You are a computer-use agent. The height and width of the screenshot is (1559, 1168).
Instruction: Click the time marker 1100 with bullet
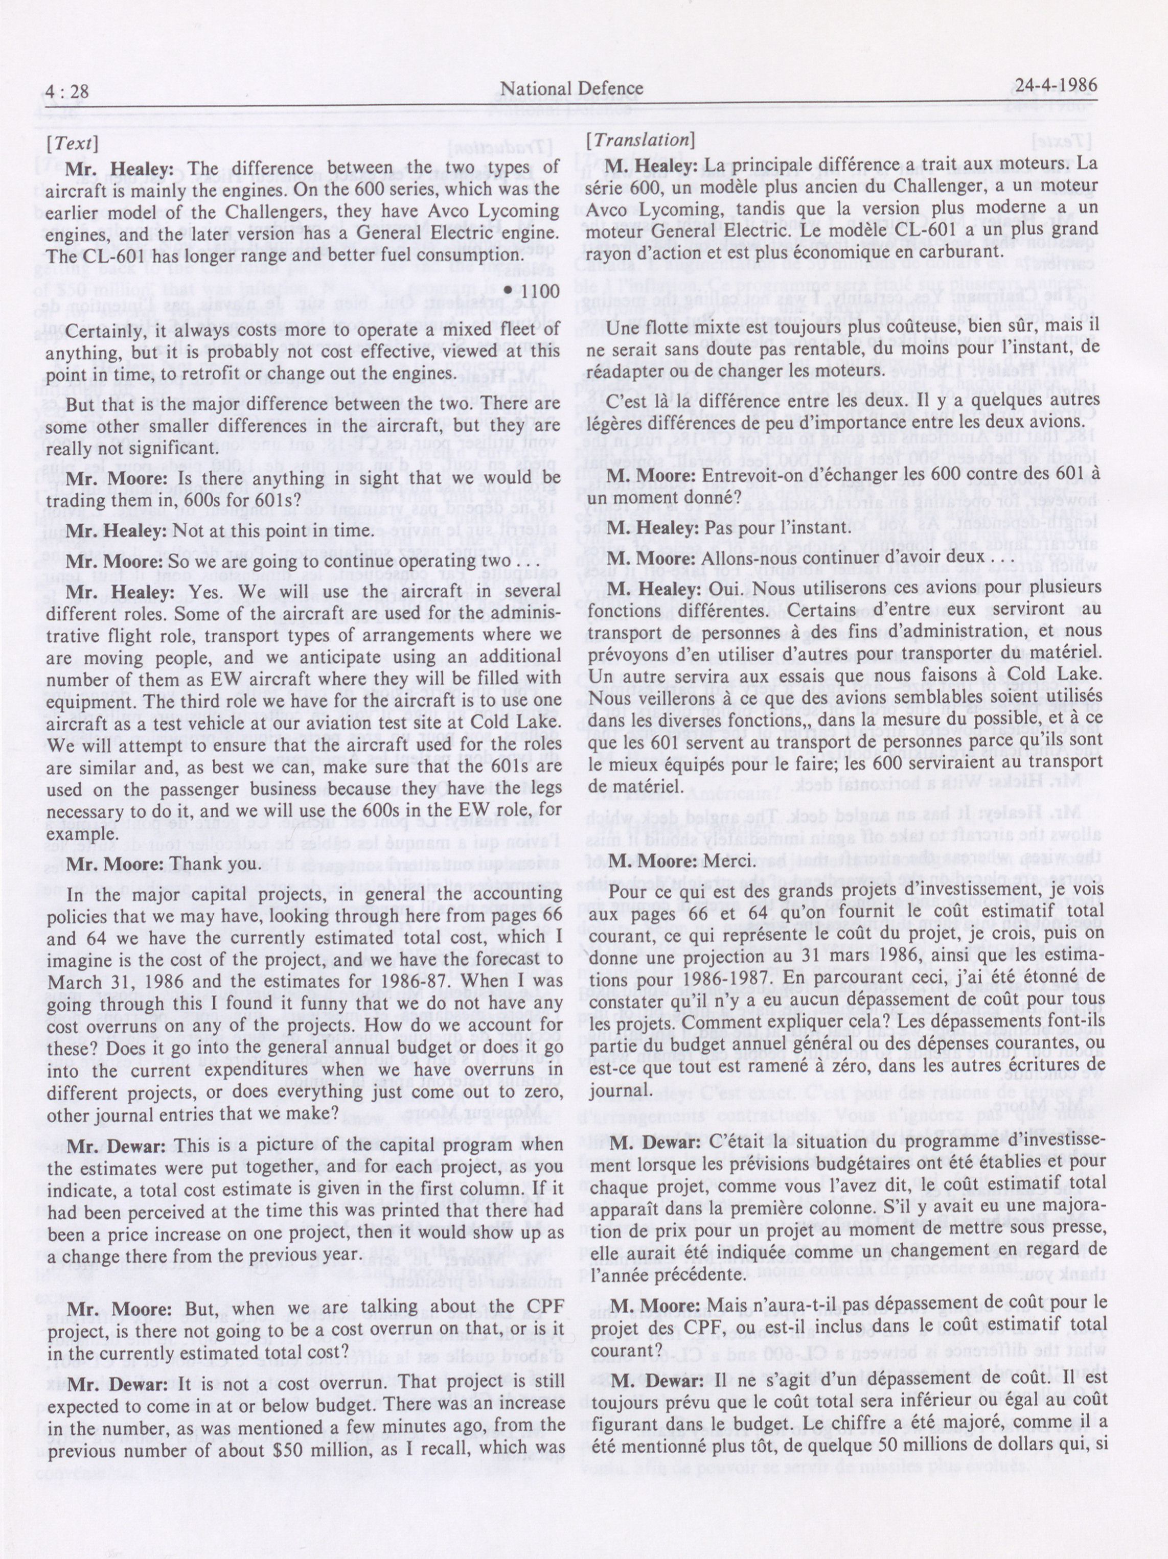coord(530,292)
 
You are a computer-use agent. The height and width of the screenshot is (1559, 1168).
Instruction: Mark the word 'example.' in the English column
coord(79,833)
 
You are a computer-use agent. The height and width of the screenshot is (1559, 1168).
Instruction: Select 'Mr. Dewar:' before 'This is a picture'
coord(117,1145)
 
